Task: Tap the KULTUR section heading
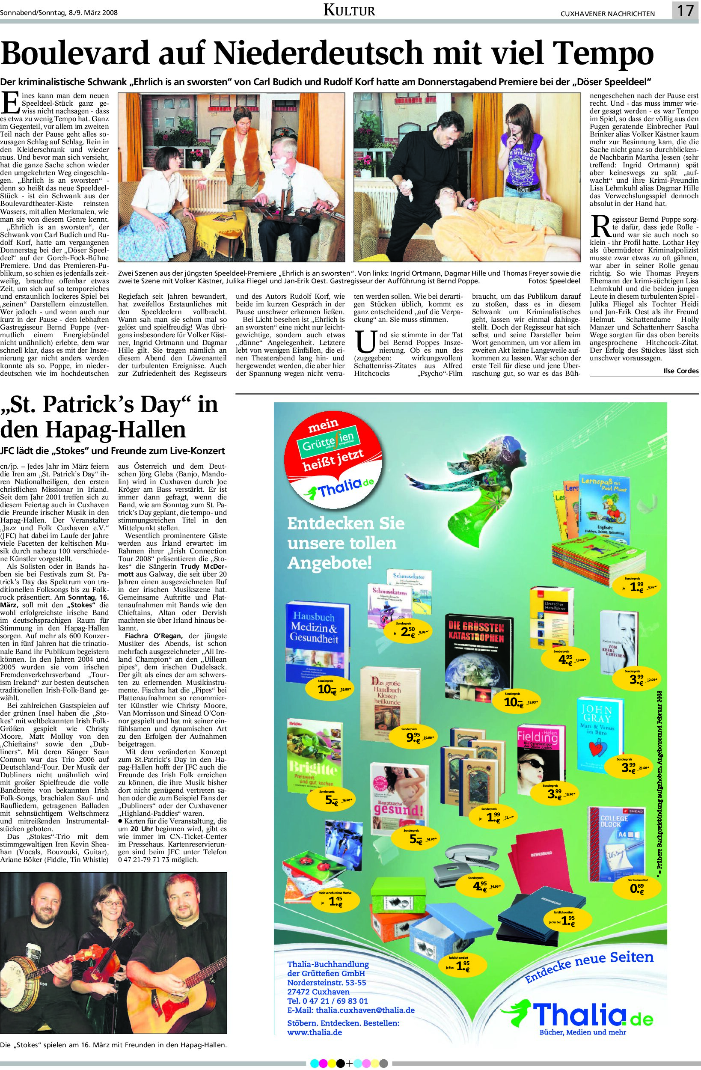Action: coord(349,10)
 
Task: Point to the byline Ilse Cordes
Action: coord(681,371)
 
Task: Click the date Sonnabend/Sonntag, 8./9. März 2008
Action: coord(59,12)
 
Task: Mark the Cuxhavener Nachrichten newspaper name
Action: coord(607,14)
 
